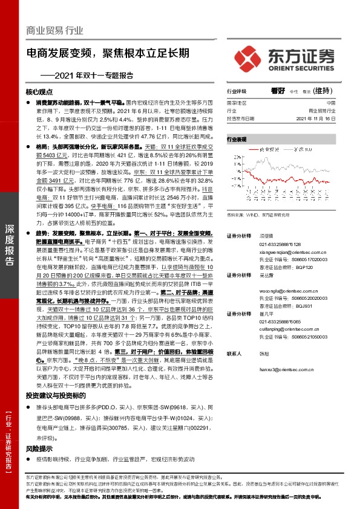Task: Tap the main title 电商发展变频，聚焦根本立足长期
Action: [x=112, y=53]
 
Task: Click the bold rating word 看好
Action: [x=278, y=91]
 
